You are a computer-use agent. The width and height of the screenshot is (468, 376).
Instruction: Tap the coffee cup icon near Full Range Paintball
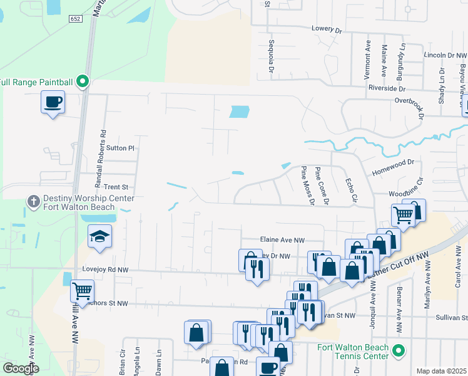coord(53,101)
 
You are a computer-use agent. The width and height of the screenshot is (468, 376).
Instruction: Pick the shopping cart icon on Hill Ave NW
coord(83,291)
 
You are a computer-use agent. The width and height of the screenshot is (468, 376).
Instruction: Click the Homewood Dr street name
coord(394,162)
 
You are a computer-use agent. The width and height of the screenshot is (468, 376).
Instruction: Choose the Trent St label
coord(116,187)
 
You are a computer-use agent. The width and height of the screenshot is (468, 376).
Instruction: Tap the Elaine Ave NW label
coord(282,239)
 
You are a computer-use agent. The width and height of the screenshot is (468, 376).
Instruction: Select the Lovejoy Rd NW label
coord(105,269)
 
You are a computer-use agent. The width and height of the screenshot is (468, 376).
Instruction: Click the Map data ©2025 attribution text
coord(440,371)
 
